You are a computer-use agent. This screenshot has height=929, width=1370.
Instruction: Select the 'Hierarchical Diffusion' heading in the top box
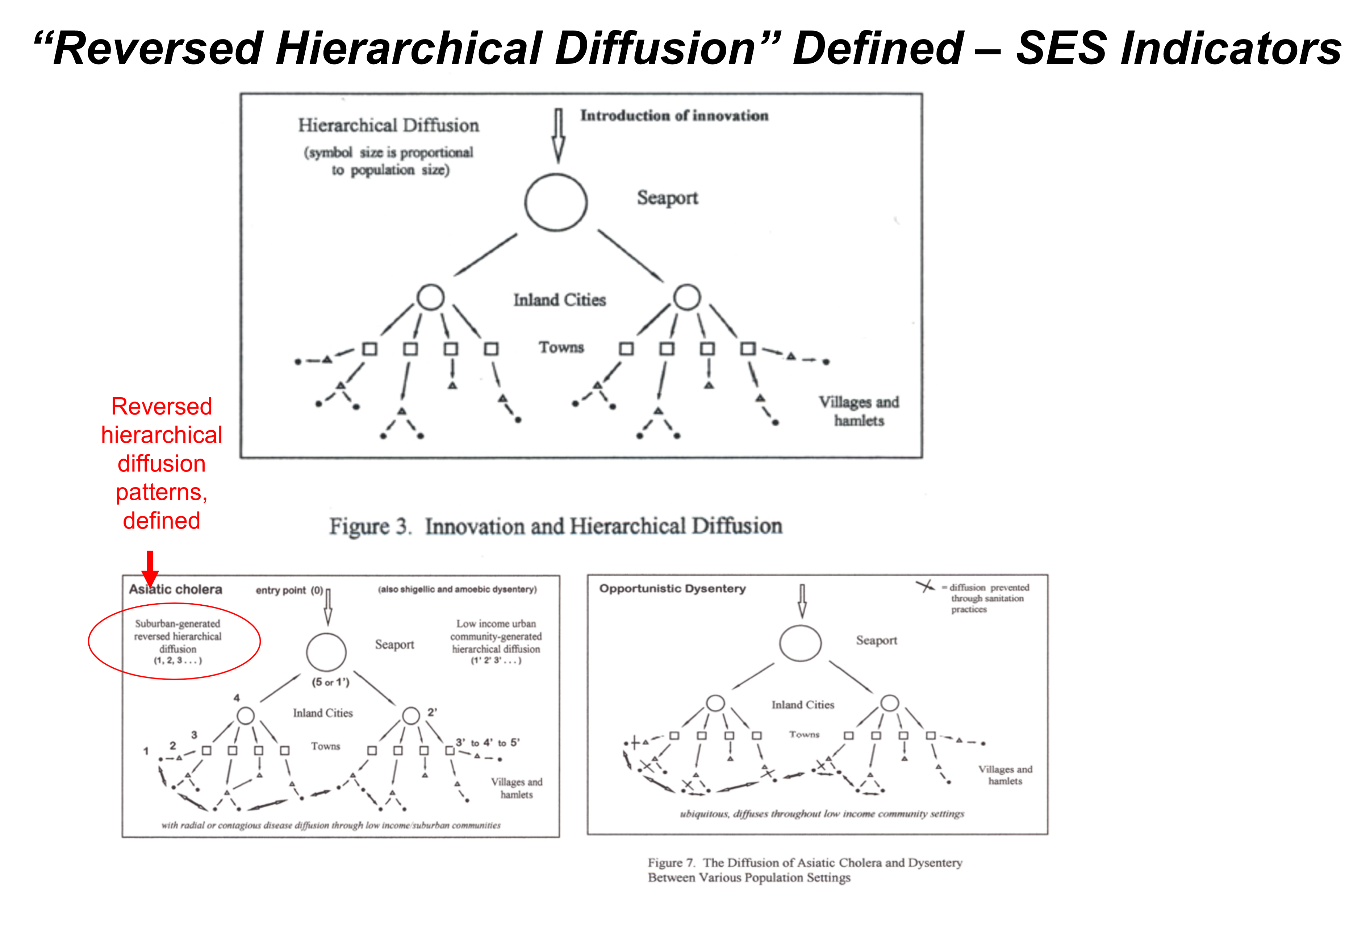[x=388, y=126]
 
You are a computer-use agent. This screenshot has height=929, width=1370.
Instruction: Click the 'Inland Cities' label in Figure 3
[x=559, y=300]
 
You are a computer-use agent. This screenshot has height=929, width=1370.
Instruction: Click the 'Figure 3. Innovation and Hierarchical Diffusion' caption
[x=555, y=526]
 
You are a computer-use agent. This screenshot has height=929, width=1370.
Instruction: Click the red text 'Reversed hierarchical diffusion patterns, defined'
[x=162, y=464]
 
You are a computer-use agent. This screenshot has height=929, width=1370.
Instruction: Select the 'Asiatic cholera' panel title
[x=176, y=589]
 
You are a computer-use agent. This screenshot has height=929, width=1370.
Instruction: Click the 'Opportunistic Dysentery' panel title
[x=672, y=589]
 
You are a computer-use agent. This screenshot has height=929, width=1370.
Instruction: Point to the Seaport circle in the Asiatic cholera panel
[x=326, y=652]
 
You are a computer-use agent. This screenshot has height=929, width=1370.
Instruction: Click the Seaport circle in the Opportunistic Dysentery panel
[x=800, y=643]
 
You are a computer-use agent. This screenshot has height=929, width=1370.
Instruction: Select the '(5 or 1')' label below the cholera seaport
[x=330, y=683]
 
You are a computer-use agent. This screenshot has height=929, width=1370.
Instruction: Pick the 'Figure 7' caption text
[x=805, y=870]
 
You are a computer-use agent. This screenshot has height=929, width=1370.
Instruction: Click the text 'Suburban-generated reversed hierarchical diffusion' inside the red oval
[x=177, y=636]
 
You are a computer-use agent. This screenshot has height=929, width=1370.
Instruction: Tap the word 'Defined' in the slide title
[x=877, y=48]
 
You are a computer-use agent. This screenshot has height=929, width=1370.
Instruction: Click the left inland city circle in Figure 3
[x=430, y=297]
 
